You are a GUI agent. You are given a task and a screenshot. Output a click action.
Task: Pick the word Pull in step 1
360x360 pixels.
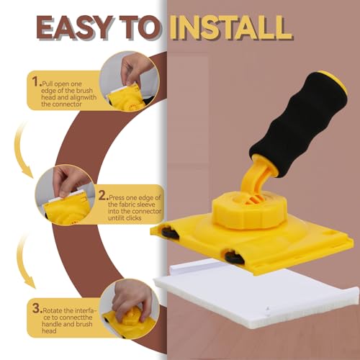(x=51, y=74)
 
